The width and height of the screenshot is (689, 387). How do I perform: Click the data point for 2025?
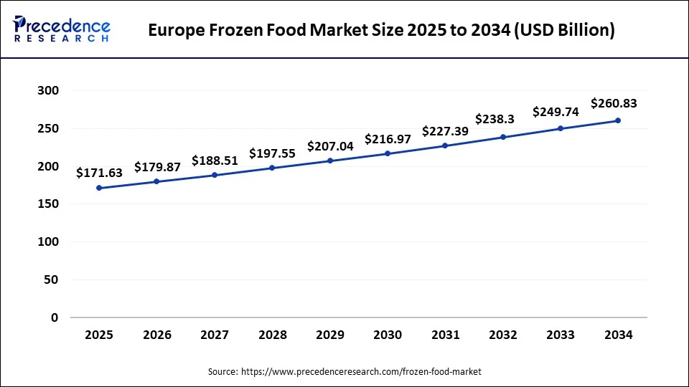pos(99,188)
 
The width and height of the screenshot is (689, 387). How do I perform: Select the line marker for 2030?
pos(388,153)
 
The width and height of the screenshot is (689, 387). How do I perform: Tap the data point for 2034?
pos(618,120)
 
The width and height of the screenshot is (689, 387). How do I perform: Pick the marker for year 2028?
pos(272,168)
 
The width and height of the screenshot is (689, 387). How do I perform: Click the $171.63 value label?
pos(99,173)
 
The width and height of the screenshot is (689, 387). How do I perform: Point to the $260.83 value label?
pos(614,103)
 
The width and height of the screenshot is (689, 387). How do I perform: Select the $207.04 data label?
pos(330,146)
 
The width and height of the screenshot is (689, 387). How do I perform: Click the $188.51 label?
pos(215,160)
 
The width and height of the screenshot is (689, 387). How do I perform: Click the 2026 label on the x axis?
pos(157,335)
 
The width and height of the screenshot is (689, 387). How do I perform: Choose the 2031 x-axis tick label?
pos(445,335)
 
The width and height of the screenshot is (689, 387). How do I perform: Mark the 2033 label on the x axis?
pos(561,335)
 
